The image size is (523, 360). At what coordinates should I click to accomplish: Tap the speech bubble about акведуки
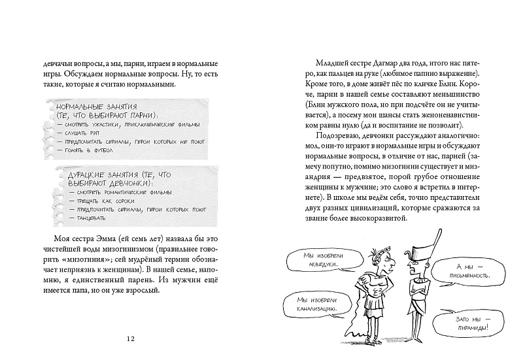pos(312,260)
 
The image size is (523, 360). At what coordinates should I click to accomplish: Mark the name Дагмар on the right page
pos(390,63)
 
